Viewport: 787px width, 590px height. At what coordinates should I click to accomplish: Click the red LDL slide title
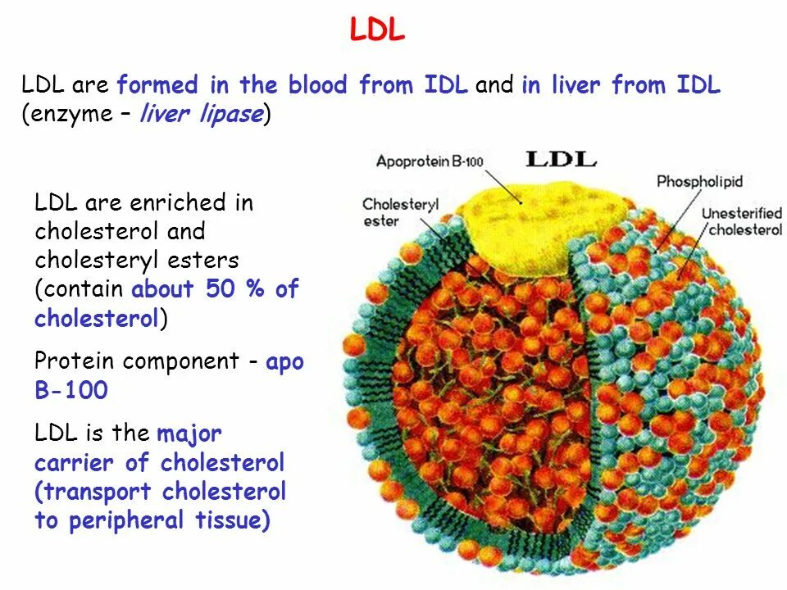(x=377, y=30)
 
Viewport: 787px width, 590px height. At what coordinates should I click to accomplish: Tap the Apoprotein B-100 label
(x=430, y=161)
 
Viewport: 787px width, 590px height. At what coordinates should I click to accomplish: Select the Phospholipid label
(x=699, y=181)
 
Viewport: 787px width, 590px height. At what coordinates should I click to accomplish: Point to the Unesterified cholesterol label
(x=741, y=221)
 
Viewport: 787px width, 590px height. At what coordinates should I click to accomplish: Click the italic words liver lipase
(x=202, y=114)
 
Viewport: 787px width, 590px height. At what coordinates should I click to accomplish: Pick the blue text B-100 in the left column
(x=71, y=391)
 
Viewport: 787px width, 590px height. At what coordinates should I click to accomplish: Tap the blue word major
(x=189, y=433)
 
